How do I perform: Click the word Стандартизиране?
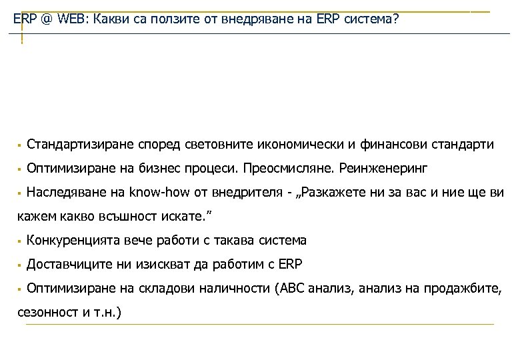pos(80,144)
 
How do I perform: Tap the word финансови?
pos(395,144)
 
